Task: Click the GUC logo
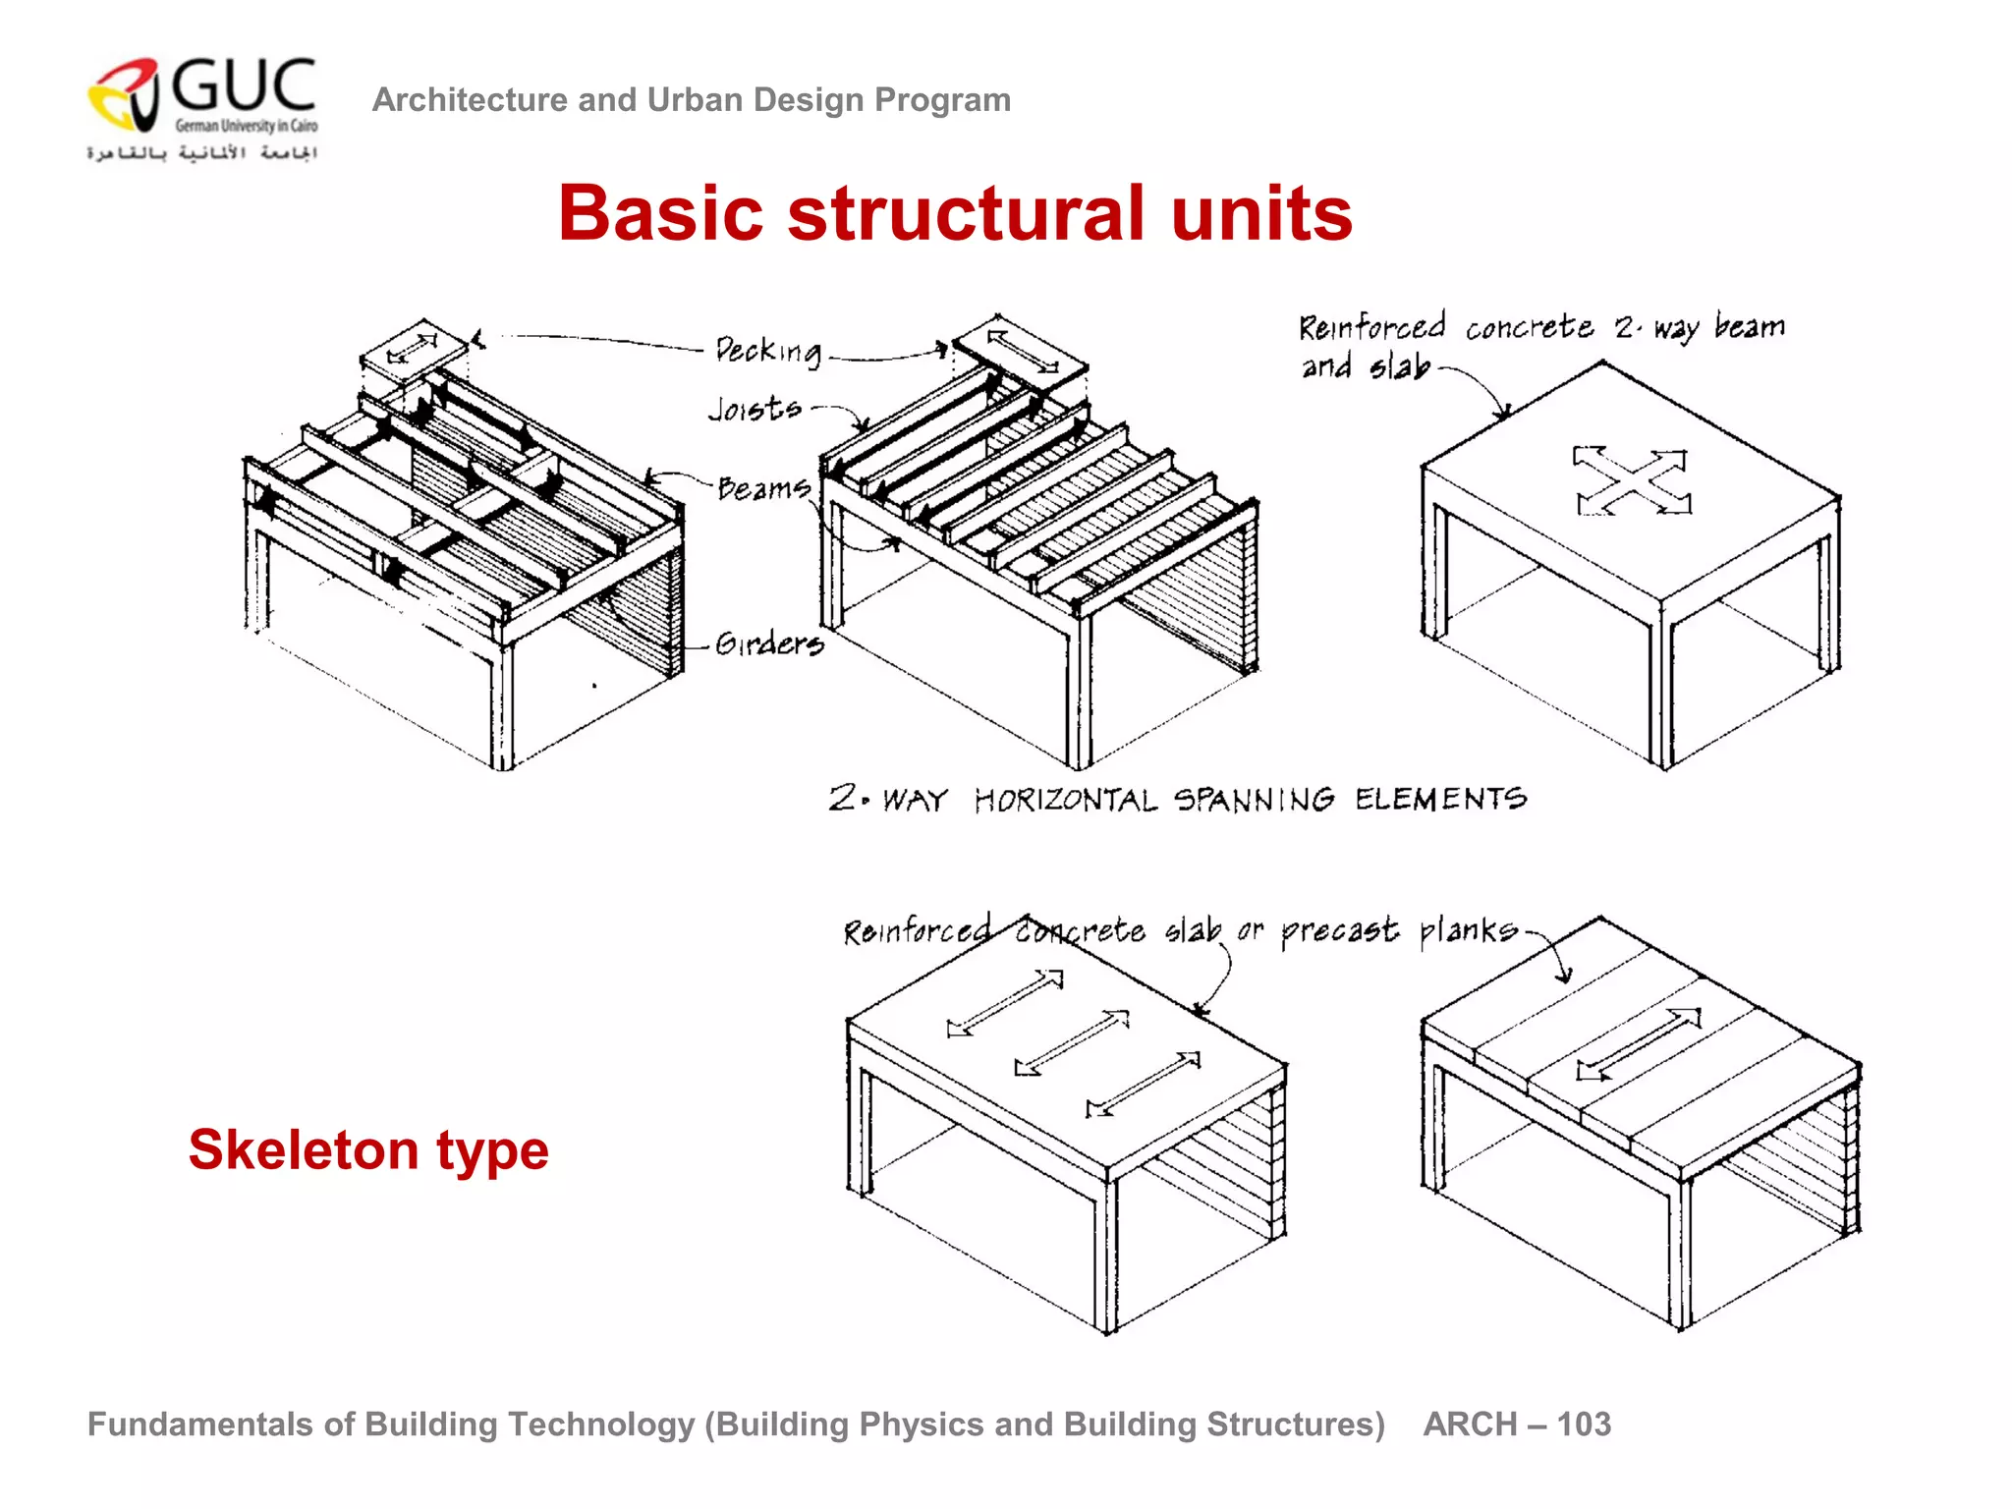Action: click(202, 107)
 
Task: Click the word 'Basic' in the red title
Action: click(660, 213)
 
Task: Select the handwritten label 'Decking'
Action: click(768, 351)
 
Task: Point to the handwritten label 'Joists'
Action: click(754, 408)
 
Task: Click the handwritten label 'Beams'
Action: click(763, 487)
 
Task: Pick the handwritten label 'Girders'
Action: click(769, 643)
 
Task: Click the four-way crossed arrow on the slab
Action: click(1632, 480)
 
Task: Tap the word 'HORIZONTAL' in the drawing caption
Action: click(1065, 800)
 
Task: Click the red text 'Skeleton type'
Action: click(368, 1149)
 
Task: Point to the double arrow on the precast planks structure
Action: click(1639, 1043)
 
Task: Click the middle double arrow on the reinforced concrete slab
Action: click(1072, 1042)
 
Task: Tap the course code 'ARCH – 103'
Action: click(1517, 1424)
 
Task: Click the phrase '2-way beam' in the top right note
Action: click(1700, 326)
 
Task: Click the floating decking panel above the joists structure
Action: click(1022, 352)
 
